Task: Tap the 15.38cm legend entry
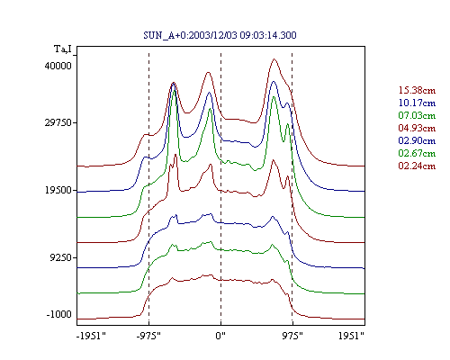(417, 90)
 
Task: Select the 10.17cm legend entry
(417, 103)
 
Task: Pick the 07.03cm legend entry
(417, 115)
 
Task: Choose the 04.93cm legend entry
(417, 128)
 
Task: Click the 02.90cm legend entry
(417, 140)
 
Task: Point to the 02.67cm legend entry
(417, 153)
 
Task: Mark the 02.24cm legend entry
(417, 166)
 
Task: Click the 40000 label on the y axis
(58, 66)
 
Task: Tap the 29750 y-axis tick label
(58, 122)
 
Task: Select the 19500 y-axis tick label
(58, 190)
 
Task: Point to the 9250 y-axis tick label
(61, 257)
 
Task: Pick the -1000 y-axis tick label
(59, 314)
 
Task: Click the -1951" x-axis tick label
(92, 336)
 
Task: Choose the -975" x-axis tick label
(148, 336)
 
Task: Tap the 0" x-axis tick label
(220, 336)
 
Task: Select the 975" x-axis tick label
(292, 336)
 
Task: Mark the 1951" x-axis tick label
(351, 336)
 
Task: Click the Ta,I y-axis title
(63, 49)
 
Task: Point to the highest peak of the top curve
(274, 59)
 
